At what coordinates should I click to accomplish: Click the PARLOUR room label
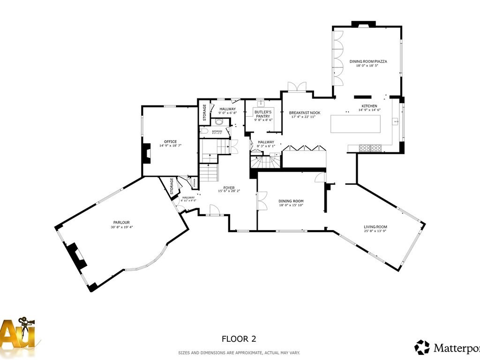coord(121,222)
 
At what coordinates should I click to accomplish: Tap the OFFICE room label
coord(170,141)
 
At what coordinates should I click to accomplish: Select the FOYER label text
coord(229,187)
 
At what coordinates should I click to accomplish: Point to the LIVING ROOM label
coord(375,227)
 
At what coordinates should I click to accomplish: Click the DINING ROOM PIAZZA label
coord(368,61)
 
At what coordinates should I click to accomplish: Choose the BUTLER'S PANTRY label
coord(263,114)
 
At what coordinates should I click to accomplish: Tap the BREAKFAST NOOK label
coord(304,112)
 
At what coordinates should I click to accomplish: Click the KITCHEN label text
coord(369,106)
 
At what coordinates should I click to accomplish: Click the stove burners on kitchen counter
coord(370,148)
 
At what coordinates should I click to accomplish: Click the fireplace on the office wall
coord(146,153)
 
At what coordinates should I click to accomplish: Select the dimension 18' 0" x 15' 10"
coord(291,205)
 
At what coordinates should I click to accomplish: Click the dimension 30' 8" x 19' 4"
coord(121,227)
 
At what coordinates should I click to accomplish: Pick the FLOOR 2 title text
coord(239,338)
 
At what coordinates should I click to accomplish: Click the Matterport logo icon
coord(422,347)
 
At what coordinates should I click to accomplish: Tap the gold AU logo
coord(19,333)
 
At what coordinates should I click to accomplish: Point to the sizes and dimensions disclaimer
coord(239,352)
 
